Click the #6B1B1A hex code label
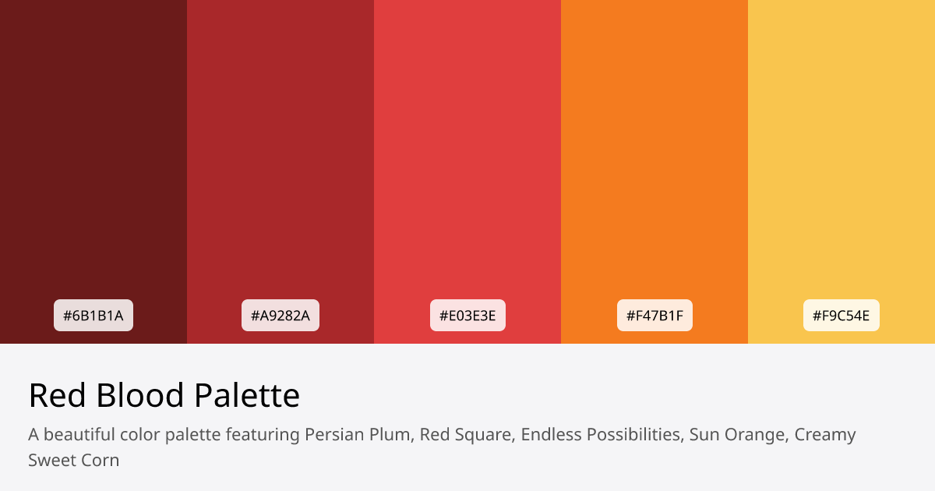(x=93, y=316)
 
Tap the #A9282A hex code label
(x=280, y=316)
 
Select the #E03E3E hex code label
(x=467, y=316)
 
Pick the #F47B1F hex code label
(x=654, y=316)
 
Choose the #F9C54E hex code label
(x=841, y=316)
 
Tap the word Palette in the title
(x=247, y=396)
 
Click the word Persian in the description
(x=333, y=434)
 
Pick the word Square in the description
(x=484, y=435)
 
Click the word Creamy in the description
(x=825, y=435)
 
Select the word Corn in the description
(x=100, y=460)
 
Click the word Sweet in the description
(x=51, y=460)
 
